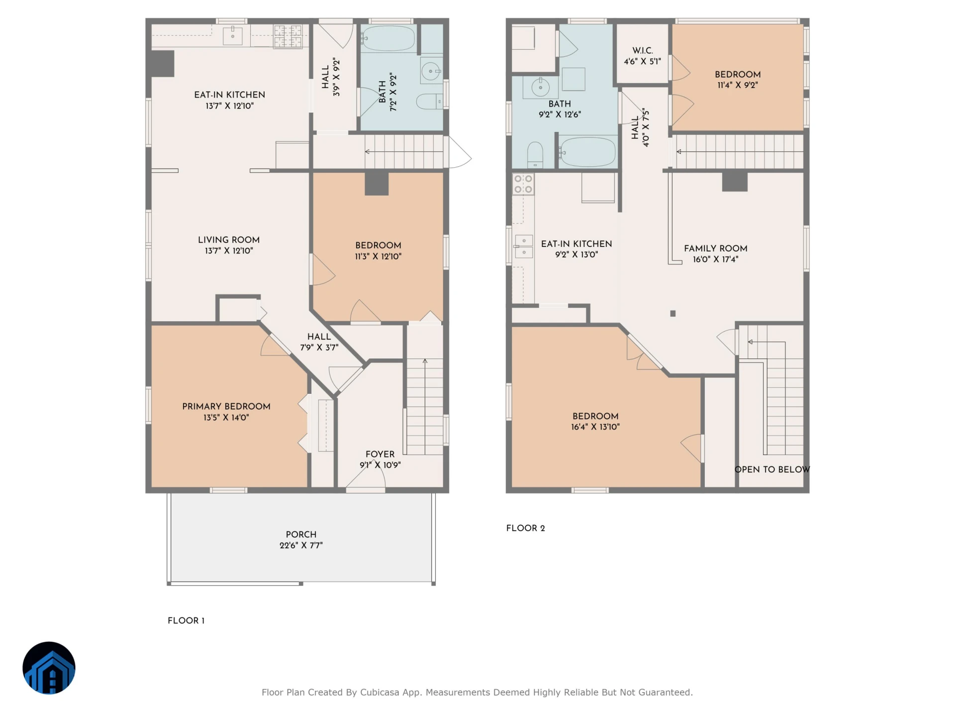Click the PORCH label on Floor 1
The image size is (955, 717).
(301, 534)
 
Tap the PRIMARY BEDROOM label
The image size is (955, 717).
(226, 406)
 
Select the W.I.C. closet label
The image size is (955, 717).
(643, 51)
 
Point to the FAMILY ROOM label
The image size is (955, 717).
(716, 248)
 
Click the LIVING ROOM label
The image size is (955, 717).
(229, 240)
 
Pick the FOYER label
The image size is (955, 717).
(380, 454)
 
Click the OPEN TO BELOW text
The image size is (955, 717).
(772, 470)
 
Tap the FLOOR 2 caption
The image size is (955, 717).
(526, 528)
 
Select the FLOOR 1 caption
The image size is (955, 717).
(186, 620)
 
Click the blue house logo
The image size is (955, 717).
(49, 668)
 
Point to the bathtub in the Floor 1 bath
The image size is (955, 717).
(388, 39)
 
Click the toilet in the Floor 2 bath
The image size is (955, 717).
(535, 155)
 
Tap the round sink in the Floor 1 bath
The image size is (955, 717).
(430, 71)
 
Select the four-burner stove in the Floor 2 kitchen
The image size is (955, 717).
(524, 184)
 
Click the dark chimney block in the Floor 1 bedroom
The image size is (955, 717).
(377, 184)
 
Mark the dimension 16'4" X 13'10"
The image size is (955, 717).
(595, 427)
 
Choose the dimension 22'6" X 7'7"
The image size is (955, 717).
(301, 545)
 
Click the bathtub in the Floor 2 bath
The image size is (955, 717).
(587, 151)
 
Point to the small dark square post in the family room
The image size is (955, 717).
(673, 314)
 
